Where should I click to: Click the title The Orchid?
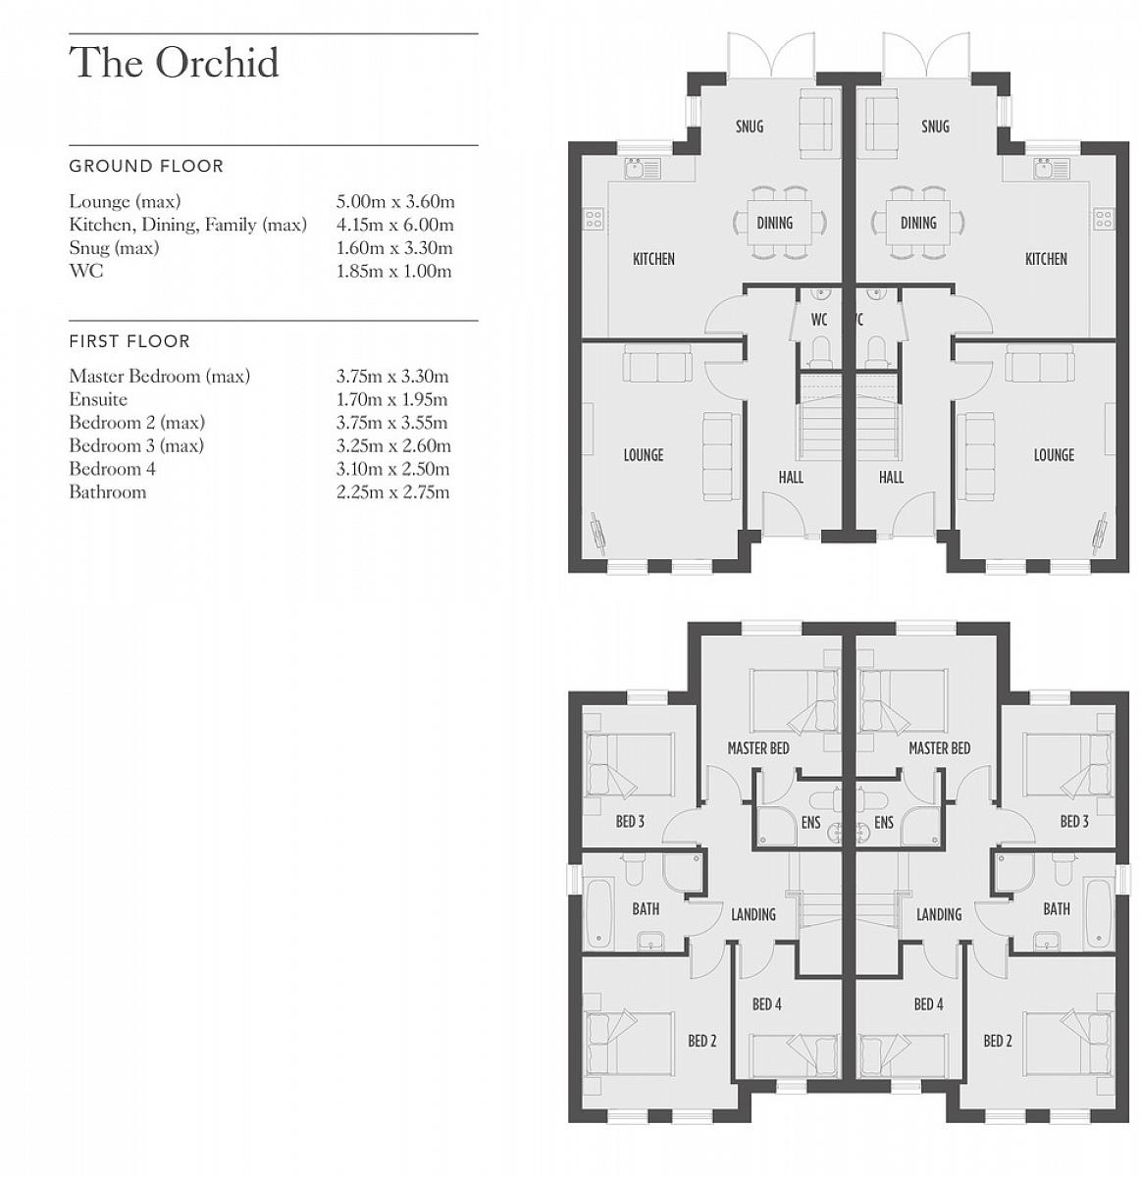pos(174,63)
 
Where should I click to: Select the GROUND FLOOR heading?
pos(146,166)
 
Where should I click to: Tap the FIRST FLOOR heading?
pos(130,341)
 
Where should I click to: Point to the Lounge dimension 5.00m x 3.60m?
pos(395,202)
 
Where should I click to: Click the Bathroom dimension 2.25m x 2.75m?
pos(392,492)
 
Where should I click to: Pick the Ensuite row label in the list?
pos(98,399)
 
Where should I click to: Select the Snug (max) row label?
pos(114,248)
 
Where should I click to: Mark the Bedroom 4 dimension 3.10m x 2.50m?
pos(392,469)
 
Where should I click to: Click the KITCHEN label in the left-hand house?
pos(653,259)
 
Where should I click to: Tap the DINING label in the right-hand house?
pos(918,224)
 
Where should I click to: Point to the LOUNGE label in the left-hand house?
pos(644,455)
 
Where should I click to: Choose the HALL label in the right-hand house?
pos(891,478)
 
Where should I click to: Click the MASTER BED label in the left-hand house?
pos(758,748)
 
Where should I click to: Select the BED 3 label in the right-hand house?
pos(1074,822)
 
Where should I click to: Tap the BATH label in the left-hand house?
pos(646,909)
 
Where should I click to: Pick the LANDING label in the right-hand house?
pos(939,915)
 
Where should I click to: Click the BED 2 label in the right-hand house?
pos(998,1041)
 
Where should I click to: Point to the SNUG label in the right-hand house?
pos(935,127)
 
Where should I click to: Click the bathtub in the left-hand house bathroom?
pos(600,914)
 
